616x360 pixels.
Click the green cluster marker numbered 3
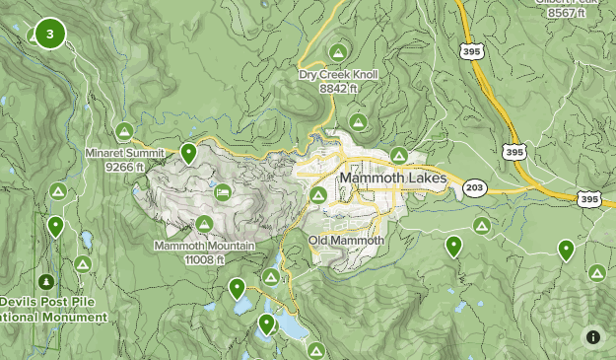tap(49, 35)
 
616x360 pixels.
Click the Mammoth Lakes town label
tap(391, 179)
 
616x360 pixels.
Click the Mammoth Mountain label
tap(204, 246)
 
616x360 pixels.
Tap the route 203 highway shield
tap(474, 187)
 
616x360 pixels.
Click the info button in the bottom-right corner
tap(592, 336)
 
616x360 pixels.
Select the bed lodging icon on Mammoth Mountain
tap(223, 191)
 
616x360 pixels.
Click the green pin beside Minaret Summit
tap(188, 153)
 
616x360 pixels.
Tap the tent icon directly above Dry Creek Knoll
tap(338, 52)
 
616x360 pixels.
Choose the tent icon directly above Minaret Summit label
tap(124, 131)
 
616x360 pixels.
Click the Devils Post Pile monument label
tap(53, 310)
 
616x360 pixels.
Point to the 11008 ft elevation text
tap(203, 259)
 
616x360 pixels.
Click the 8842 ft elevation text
tap(337, 89)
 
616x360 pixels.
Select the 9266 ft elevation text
tap(125, 168)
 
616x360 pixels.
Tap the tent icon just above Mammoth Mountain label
tap(204, 225)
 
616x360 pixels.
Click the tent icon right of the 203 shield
tap(482, 226)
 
